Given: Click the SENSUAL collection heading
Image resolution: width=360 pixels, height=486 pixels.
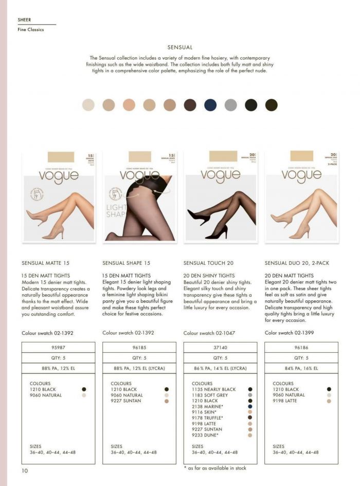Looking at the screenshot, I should [x=180, y=47].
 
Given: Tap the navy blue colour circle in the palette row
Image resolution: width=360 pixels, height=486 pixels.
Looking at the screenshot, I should [x=210, y=105].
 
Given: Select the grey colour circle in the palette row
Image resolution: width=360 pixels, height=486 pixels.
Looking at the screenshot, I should [x=230, y=105].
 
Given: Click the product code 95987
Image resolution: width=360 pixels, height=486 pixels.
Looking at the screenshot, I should [x=58, y=347].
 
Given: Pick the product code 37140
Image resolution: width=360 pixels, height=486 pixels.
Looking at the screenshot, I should [x=220, y=347].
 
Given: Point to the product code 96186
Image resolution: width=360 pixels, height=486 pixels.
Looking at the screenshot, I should [x=301, y=347].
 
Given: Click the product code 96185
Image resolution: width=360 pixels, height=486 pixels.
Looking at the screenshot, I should [x=139, y=347].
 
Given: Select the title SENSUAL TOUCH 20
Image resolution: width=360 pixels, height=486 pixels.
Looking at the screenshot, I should [x=208, y=263].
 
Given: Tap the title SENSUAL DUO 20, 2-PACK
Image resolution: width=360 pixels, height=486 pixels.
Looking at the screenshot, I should [x=297, y=263].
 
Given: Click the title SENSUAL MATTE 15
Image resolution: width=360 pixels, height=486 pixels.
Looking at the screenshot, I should [x=46, y=263].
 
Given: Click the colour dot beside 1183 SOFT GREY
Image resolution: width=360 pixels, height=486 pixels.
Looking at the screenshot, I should [x=250, y=395].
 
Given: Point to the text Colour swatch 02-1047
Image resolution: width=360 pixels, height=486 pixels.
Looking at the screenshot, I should [x=209, y=333].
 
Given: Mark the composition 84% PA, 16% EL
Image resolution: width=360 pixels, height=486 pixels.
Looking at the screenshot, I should [x=301, y=368].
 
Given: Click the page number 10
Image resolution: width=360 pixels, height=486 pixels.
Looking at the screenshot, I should [x=25, y=471].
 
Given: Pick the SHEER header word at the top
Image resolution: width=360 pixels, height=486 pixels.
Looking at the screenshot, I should [x=24, y=20].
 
